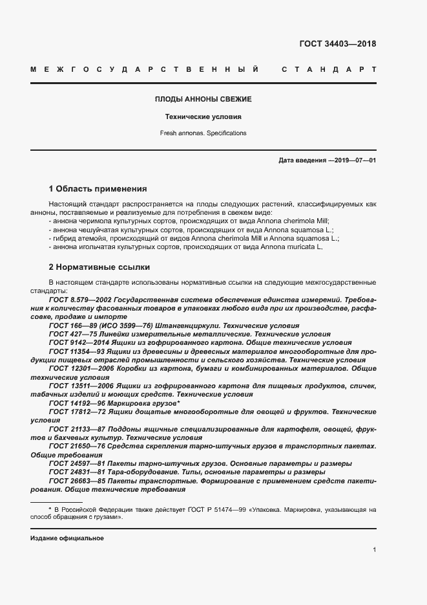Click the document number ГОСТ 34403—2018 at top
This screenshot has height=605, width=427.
(x=337, y=44)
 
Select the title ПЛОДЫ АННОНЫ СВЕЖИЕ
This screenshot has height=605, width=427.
(x=203, y=100)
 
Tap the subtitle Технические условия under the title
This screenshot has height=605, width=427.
(x=203, y=117)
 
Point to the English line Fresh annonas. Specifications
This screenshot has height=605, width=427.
(x=203, y=133)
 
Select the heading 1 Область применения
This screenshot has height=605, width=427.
(x=98, y=189)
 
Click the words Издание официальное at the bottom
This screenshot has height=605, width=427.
(x=67, y=538)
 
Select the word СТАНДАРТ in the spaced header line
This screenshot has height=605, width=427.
(x=329, y=69)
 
